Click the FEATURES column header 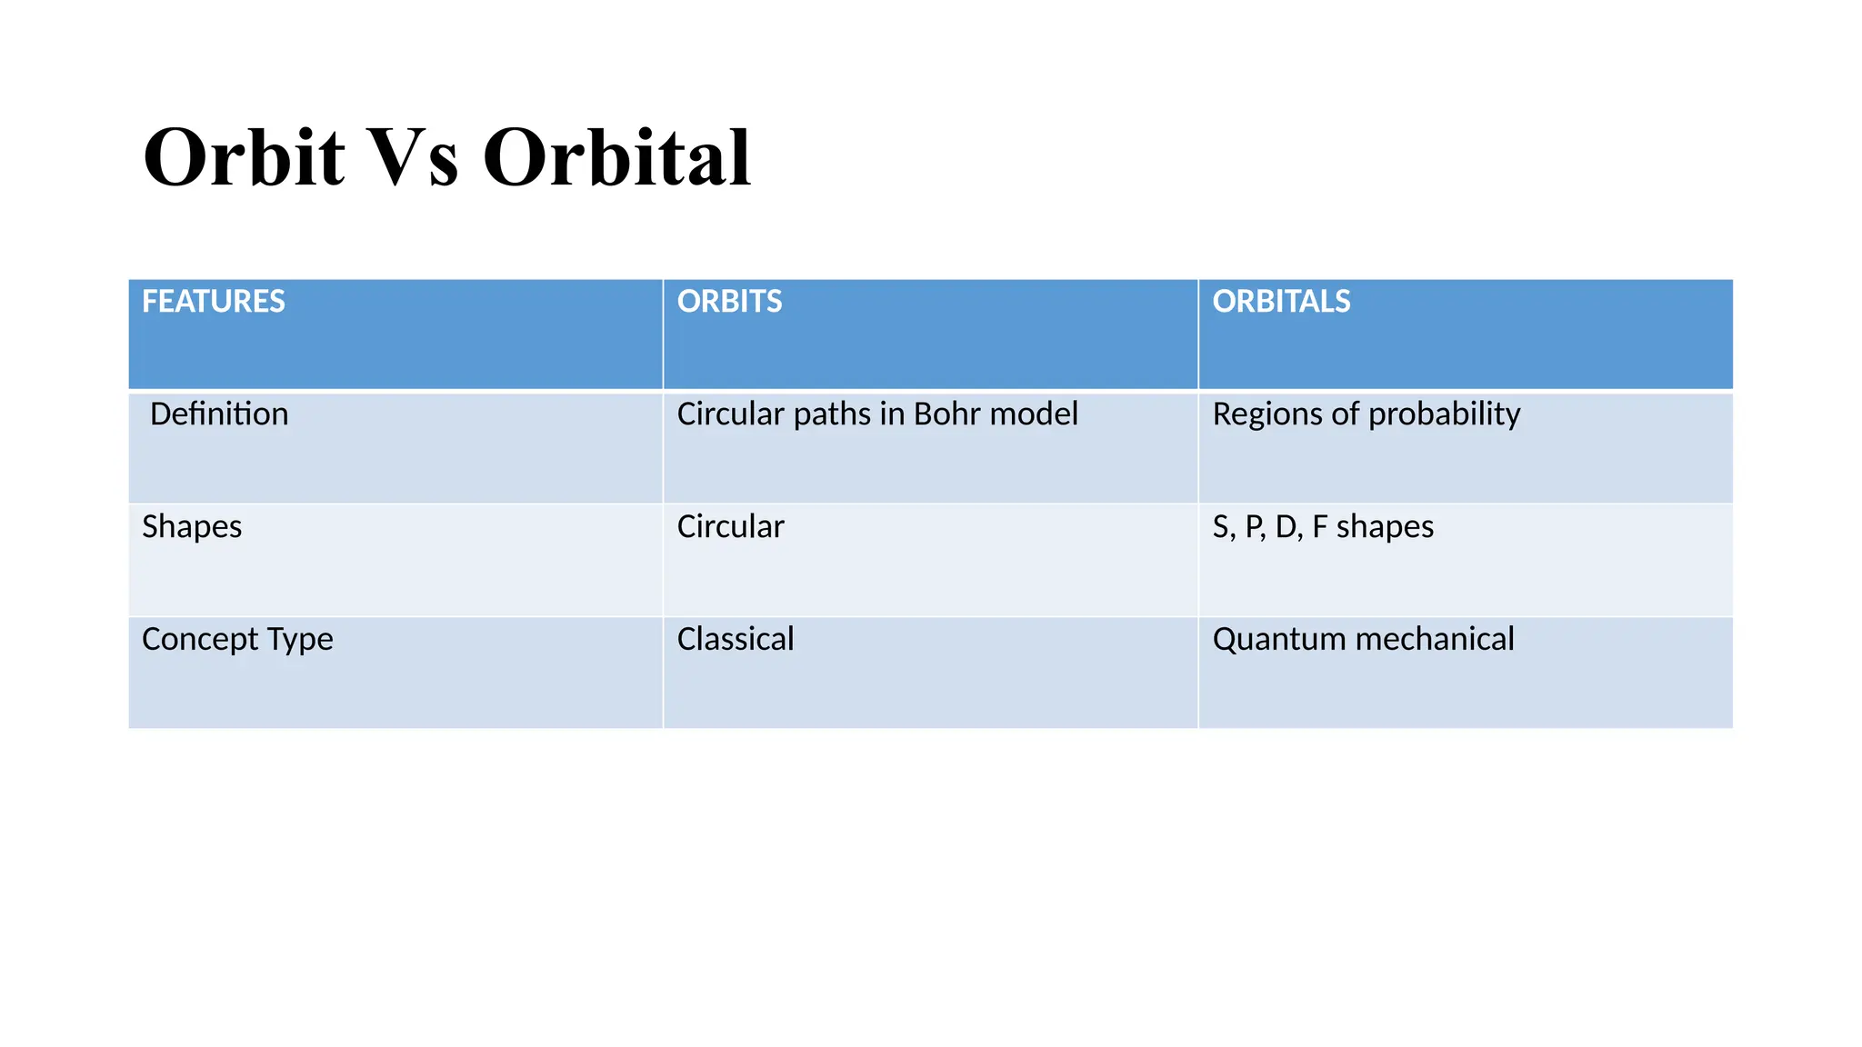213,302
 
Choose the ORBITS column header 729,302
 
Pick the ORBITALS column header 1281,302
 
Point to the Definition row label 219,414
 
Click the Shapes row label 192,527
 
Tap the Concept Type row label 237,640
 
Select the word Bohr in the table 946,414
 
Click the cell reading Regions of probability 1366,414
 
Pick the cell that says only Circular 730,527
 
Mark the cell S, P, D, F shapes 1323,527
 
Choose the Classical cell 736,640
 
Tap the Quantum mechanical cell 1363,640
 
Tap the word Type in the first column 300,641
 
